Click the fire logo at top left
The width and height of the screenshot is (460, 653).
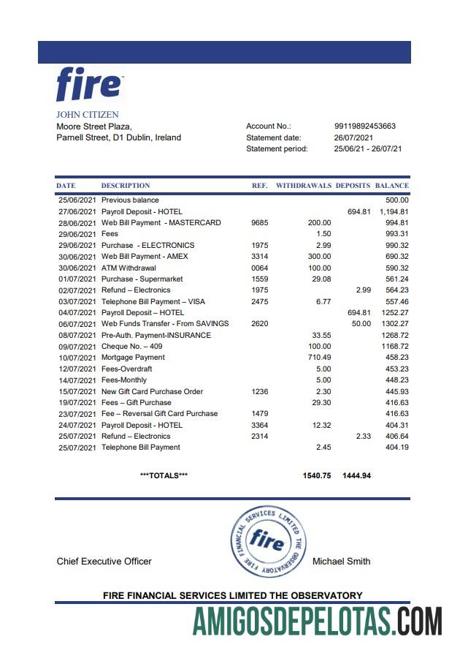89,84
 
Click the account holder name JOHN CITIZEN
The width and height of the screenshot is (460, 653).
87,115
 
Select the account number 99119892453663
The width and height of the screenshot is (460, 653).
364,127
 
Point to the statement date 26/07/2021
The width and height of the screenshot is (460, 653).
353,137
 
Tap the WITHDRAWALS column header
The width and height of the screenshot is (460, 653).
303,186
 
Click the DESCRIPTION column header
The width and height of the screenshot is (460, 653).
126,186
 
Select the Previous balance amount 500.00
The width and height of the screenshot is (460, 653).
397,200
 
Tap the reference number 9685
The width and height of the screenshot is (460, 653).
260,222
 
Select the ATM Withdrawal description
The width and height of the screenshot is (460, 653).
129,268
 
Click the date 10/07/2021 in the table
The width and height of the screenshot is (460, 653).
76,358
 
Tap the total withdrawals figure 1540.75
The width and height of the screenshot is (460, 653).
316,475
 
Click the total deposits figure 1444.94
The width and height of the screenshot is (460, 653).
356,475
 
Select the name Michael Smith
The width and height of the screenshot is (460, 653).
341,562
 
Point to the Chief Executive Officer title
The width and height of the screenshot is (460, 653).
104,562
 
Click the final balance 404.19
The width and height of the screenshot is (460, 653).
397,448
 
